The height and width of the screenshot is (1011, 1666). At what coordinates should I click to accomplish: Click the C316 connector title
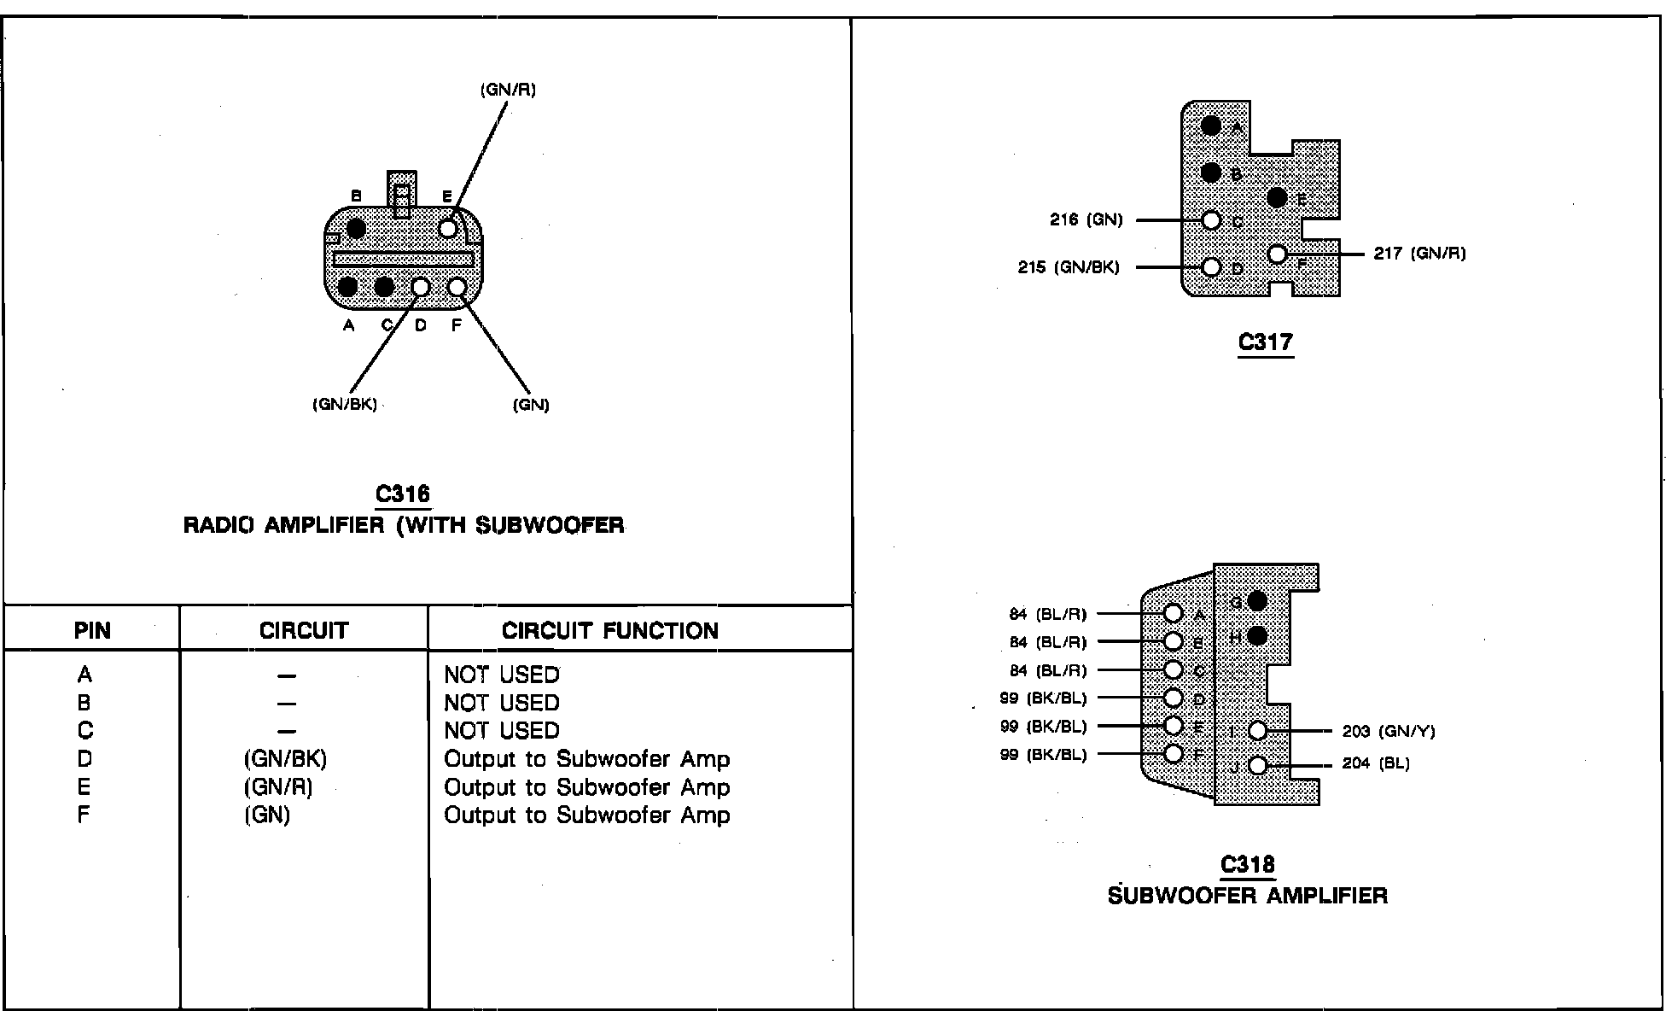(x=403, y=494)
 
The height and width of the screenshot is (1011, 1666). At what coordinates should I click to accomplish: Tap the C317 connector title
(x=1265, y=342)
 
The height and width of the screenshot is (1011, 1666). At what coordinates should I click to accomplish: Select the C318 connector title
(x=1247, y=865)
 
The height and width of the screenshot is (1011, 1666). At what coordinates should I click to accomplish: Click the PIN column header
(x=92, y=631)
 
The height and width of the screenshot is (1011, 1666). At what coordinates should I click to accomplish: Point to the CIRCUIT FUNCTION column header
(x=609, y=631)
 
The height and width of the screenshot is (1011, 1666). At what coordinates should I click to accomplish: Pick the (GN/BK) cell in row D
(x=285, y=759)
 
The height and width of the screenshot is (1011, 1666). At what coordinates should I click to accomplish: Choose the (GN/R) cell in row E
(x=278, y=787)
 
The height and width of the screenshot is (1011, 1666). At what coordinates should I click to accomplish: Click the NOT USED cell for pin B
(x=501, y=703)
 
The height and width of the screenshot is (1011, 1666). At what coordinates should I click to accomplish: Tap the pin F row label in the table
(x=84, y=815)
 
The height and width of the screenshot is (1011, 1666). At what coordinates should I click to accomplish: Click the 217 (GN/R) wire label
(x=1419, y=254)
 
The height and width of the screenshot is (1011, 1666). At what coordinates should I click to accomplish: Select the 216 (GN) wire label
(x=1086, y=220)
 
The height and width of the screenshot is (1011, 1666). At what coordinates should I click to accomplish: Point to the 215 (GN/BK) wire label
(x=1068, y=267)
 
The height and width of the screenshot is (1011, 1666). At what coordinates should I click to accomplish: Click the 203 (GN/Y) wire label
(x=1389, y=732)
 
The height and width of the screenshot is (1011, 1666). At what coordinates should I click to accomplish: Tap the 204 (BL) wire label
(x=1376, y=763)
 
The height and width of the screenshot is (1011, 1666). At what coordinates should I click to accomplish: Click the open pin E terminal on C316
(x=448, y=228)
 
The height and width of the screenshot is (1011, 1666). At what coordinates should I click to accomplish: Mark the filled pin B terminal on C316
(x=356, y=228)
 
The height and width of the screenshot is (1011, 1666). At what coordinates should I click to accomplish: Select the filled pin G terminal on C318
(x=1256, y=601)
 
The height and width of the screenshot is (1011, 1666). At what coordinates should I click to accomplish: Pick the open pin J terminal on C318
(x=1257, y=765)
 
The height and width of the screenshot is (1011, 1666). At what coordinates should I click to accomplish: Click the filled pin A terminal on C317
(x=1210, y=126)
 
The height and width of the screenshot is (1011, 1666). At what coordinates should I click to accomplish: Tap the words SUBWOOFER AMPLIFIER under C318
(x=1247, y=896)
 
